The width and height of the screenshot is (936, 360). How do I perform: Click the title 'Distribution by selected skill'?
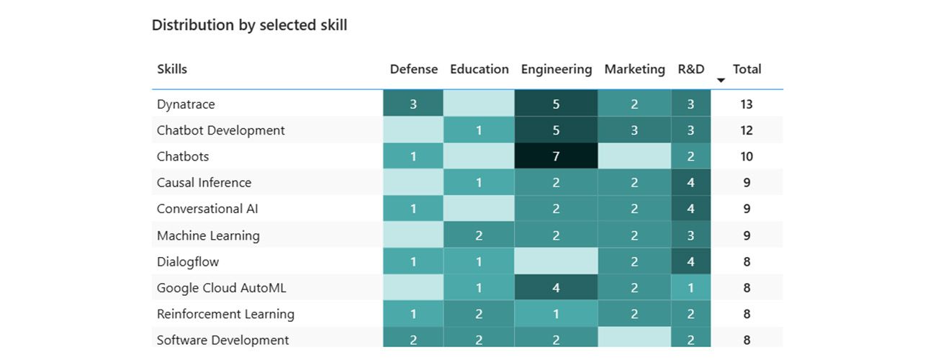[x=249, y=25]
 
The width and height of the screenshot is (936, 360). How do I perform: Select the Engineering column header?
[x=556, y=69]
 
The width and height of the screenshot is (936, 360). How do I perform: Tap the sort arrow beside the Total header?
[x=721, y=80]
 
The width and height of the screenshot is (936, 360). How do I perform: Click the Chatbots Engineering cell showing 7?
[x=556, y=156]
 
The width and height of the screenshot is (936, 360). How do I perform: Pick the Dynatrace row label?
[x=186, y=104]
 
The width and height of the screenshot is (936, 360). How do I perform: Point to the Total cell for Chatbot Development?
[x=747, y=130]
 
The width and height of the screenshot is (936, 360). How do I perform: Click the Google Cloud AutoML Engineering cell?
[x=556, y=288]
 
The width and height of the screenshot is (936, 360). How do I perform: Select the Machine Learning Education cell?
[x=479, y=235]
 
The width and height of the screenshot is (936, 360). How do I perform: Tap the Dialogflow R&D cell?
[x=690, y=261]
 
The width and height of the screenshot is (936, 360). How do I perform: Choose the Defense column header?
[x=413, y=69]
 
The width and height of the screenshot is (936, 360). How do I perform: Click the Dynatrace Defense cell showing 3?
[x=413, y=104]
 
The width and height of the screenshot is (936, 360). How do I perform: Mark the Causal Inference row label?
[x=204, y=183]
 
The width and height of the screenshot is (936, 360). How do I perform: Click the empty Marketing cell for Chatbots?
[x=634, y=156]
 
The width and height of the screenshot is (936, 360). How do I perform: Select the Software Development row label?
[x=222, y=340]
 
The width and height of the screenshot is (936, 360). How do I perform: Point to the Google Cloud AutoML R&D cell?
[x=690, y=288]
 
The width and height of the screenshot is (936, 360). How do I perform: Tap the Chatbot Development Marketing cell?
[x=634, y=130]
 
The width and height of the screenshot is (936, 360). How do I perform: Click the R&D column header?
[x=690, y=69]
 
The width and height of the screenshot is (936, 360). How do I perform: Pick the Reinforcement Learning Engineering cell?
[x=556, y=314]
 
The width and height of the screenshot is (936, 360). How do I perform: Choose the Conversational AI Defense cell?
[x=413, y=209]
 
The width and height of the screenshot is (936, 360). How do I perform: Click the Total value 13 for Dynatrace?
[x=747, y=104]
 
